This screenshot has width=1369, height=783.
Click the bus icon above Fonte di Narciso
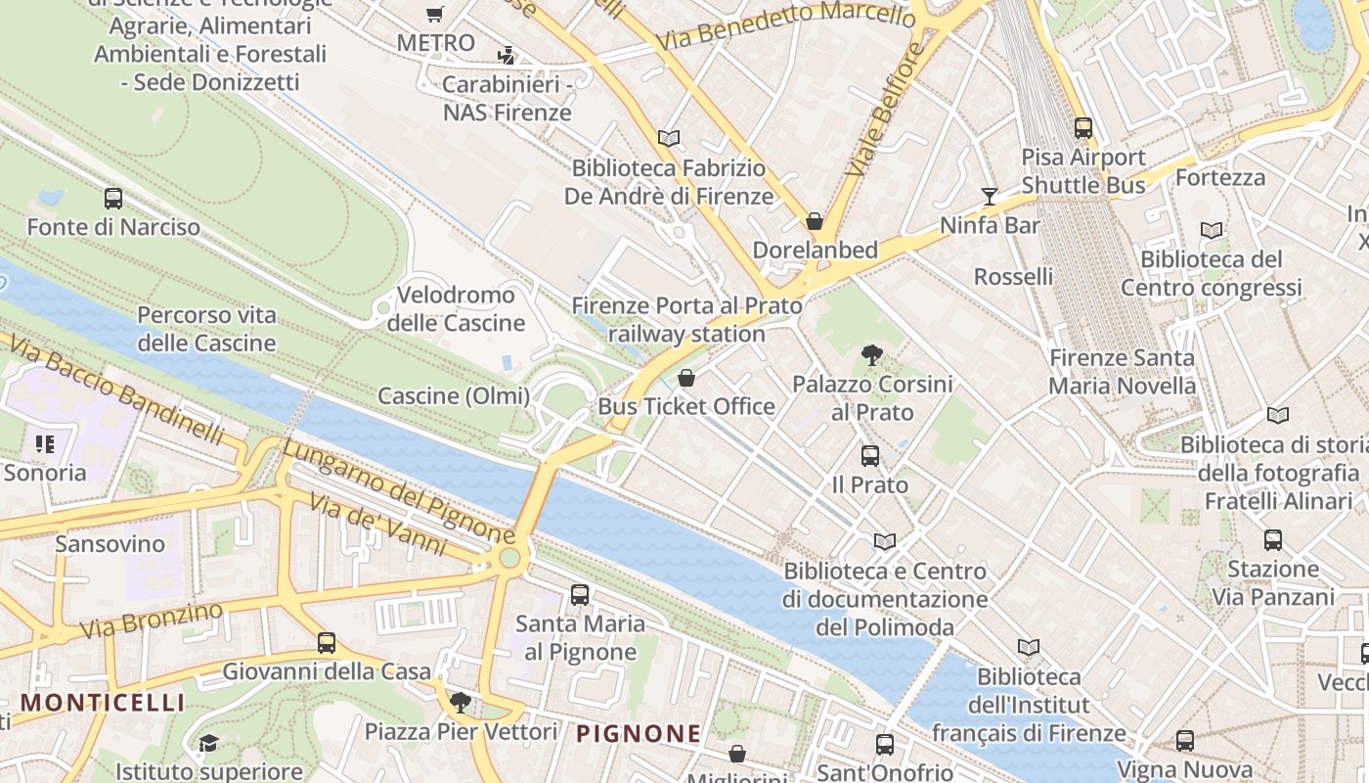coord(113,199)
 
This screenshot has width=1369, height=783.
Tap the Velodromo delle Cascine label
coord(457,308)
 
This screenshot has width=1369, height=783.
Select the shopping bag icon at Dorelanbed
coord(815,222)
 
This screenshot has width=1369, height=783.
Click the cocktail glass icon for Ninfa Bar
coord(990,197)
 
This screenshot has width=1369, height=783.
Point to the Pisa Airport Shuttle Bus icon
coord(1082,128)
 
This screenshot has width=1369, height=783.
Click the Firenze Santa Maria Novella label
coord(1122,372)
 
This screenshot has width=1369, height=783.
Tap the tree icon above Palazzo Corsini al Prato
coord(871,355)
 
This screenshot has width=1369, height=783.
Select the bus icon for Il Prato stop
coord(869,456)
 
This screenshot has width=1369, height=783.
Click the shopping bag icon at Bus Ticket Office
coord(686,378)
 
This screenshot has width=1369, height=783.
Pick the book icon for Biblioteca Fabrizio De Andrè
coord(669,139)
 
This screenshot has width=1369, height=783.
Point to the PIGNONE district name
coord(639,733)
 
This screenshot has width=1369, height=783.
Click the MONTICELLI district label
coord(103,702)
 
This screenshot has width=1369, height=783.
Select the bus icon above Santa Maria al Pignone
coord(580,595)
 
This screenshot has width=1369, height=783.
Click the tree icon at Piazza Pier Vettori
coord(460,702)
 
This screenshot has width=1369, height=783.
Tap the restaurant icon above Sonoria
coord(44,445)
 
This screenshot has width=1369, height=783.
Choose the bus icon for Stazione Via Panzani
coord(1272,540)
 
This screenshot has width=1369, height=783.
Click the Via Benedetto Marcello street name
coord(786,26)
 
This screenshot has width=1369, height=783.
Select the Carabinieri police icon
coord(506,55)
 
